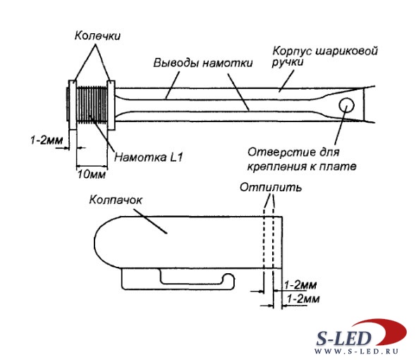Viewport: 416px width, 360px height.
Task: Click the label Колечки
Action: click(x=97, y=35)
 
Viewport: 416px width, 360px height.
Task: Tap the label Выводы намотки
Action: click(x=203, y=64)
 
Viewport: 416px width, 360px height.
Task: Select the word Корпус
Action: click(x=292, y=51)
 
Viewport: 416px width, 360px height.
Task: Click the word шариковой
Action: click(x=346, y=51)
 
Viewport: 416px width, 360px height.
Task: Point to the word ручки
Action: click(x=288, y=62)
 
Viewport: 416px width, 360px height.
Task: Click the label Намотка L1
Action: click(x=149, y=157)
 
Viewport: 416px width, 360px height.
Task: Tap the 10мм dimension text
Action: click(x=92, y=174)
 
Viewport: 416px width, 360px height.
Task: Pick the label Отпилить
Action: click(x=271, y=187)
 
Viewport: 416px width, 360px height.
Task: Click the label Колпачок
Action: click(x=116, y=200)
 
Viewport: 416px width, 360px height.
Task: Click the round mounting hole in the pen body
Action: click(x=346, y=105)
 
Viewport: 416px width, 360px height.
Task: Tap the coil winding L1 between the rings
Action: click(x=92, y=104)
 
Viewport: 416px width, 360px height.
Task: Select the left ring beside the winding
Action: click(x=73, y=105)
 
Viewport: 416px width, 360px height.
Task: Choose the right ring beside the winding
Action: click(x=111, y=105)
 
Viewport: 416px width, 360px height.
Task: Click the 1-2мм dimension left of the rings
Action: click(x=47, y=140)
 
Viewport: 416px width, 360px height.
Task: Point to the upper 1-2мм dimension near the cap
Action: click(x=300, y=285)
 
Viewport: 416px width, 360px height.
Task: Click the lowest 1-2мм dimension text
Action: click(x=303, y=299)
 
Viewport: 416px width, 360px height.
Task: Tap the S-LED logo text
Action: click(x=343, y=339)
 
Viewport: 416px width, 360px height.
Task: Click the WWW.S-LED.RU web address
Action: click(x=357, y=352)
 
